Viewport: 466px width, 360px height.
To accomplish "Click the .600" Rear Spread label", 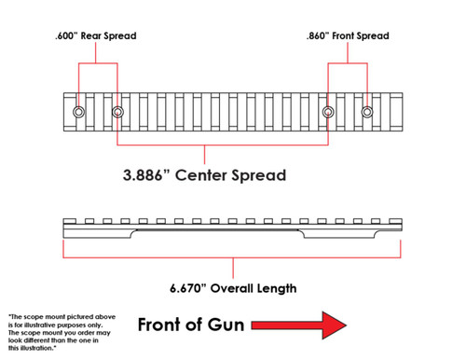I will click(97, 35).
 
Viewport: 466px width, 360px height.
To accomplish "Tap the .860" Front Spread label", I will click(348, 35).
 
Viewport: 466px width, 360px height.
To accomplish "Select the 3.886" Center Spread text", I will click(204, 174).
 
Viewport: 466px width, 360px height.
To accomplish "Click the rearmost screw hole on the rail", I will click(78, 113).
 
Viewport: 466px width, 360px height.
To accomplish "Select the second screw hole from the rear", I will click(117, 113).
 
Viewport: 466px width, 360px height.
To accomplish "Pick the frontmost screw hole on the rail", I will click(367, 113).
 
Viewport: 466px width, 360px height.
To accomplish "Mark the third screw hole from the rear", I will click(328, 113).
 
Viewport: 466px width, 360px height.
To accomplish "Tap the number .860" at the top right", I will click(320, 35).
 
